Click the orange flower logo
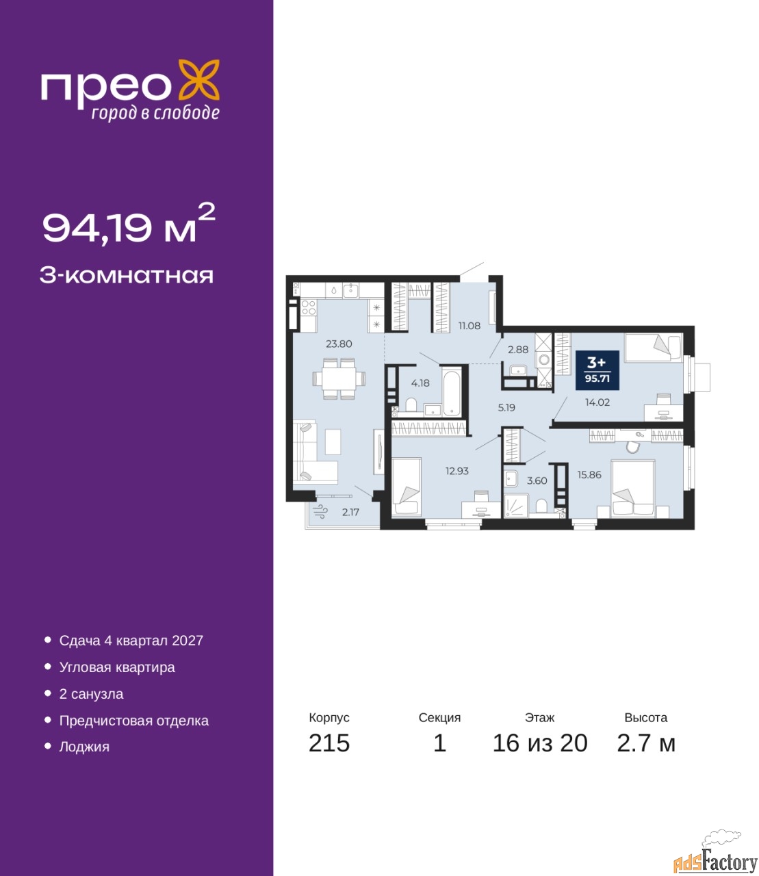tap(198, 79)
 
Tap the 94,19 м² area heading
tap(129, 224)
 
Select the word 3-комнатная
tap(127, 276)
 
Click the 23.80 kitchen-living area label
tap(339, 344)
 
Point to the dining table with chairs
tap(339, 378)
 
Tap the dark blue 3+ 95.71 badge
tap(597, 370)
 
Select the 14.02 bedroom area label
tap(597, 402)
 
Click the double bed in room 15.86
tap(632, 489)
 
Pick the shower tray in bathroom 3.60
tap(515, 506)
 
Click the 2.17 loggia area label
tap(350, 512)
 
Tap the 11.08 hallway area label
tap(469, 326)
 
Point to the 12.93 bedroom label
tap(457, 471)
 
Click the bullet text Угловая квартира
tap(117, 667)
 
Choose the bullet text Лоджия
tap(84, 747)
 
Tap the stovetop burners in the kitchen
tap(308, 307)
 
